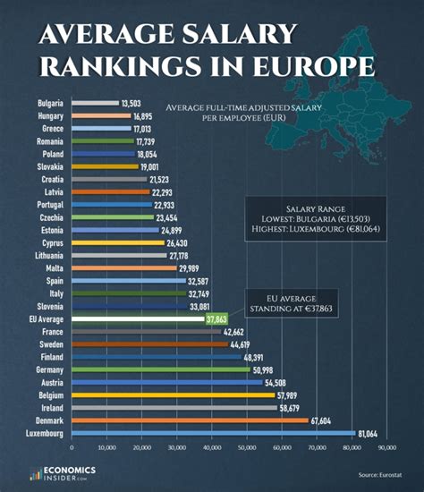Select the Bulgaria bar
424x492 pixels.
point(94,104)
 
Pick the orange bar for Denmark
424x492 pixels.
point(189,420)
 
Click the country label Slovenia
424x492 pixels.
point(50,306)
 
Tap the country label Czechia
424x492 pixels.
point(51,217)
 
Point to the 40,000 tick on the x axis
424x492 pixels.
point(211,447)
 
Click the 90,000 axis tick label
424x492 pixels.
point(387,447)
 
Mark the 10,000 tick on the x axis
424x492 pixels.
point(106,447)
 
